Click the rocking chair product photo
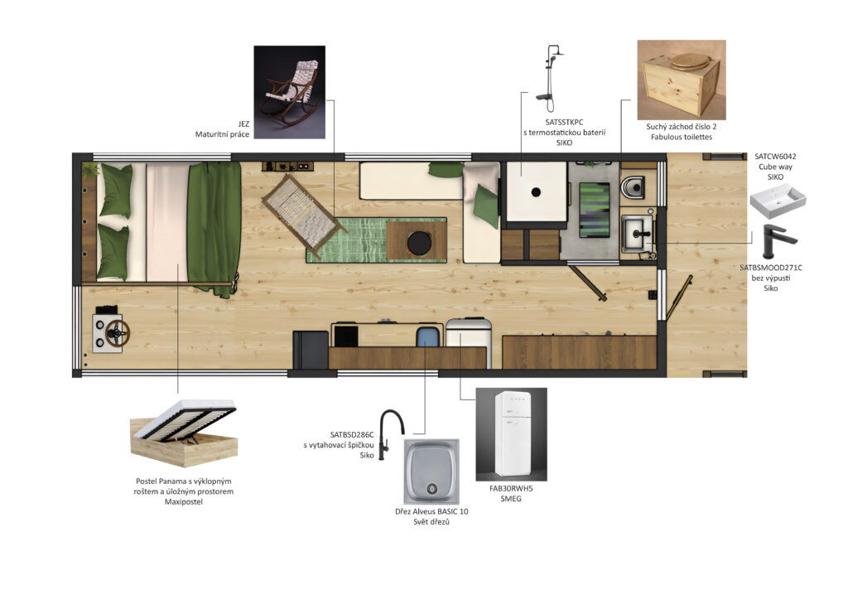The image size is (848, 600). (x=289, y=92)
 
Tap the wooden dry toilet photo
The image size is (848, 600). (x=682, y=80)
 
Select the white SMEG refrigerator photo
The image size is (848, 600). (x=511, y=434)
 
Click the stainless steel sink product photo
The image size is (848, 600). (x=431, y=472)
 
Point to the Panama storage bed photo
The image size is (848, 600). (x=184, y=433)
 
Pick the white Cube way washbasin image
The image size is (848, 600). (x=778, y=201)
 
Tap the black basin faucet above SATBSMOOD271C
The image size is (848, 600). (x=778, y=241)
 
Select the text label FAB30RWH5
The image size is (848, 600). (x=511, y=488)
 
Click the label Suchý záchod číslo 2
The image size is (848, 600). (x=682, y=127)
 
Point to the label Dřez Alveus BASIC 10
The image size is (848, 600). (x=431, y=511)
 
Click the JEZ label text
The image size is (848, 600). (x=243, y=124)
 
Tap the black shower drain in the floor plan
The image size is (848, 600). (x=536, y=191)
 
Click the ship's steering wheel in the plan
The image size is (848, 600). (x=118, y=332)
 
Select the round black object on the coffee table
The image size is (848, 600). (x=419, y=243)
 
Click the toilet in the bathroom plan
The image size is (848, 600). (x=632, y=187)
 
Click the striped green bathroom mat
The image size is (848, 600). (x=595, y=210)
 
